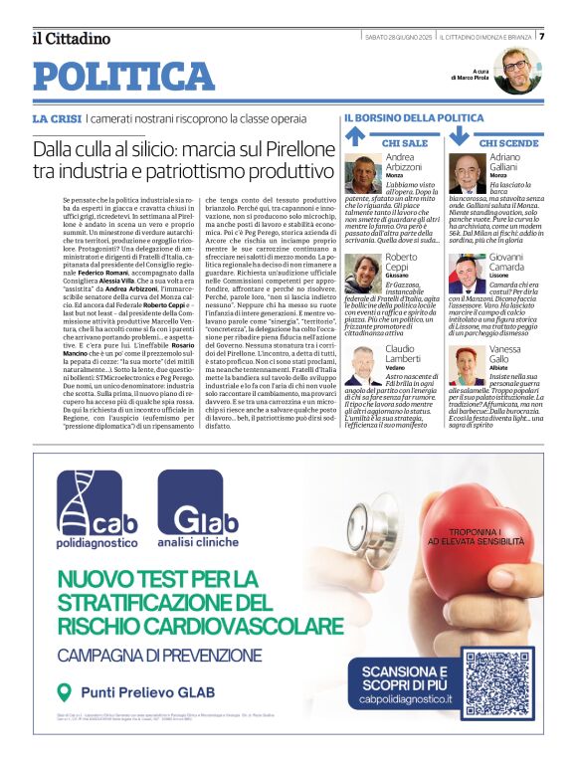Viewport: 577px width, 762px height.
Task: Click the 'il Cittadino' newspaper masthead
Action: point(70,39)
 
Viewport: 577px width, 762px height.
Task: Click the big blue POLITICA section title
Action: point(123,76)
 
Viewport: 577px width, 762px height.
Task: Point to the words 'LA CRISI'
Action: point(57,119)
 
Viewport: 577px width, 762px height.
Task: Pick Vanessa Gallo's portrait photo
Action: point(467,366)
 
